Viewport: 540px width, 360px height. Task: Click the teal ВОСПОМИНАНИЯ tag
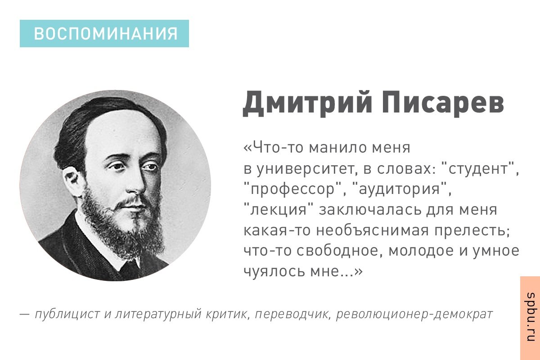click(104, 34)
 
